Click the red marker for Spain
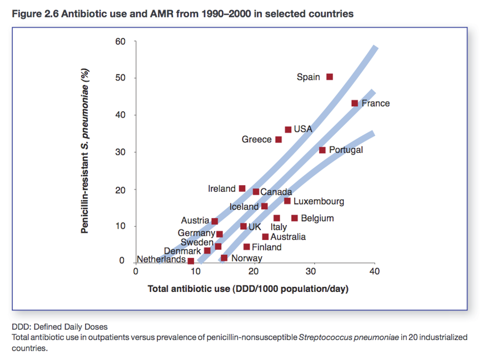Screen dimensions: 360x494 [x=330, y=77]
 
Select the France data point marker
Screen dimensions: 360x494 [x=355, y=103]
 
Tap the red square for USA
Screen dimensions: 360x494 [x=288, y=130]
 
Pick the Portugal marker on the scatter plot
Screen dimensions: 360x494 [x=322, y=150]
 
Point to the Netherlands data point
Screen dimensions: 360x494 [x=191, y=261]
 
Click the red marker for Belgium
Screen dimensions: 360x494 [x=295, y=218]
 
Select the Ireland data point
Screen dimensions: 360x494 [x=242, y=189]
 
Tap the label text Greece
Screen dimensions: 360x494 [x=257, y=139]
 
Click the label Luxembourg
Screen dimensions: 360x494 [x=318, y=202]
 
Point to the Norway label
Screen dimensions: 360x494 [x=246, y=258]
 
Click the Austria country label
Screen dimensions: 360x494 [x=195, y=221]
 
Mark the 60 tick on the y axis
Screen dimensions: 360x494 [x=120, y=41]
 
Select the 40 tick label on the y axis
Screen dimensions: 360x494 [x=120, y=115]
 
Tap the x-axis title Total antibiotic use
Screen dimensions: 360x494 [x=248, y=289]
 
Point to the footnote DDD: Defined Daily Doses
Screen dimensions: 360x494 [x=59, y=327]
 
